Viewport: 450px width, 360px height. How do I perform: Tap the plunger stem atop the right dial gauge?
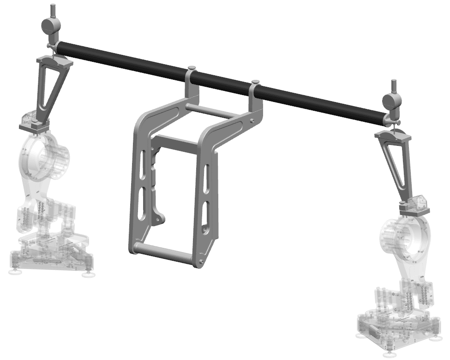pos(394,86)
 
